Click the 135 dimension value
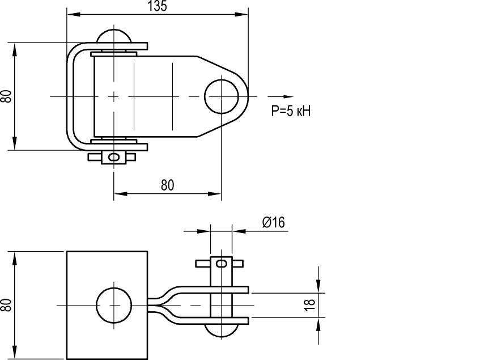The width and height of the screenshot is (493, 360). [x=158, y=6]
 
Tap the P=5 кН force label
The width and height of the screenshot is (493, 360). [x=291, y=111]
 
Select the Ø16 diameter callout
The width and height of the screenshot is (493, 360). [x=274, y=222]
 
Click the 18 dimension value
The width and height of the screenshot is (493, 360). [x=310, y=304]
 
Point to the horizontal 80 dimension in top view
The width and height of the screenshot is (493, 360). [x=167, y=185]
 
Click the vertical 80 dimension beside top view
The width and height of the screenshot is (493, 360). [x=6, y=96]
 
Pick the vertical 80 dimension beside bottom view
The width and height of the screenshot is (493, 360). [x=6, y=305]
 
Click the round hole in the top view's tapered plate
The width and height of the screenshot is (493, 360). [x=222, y=96]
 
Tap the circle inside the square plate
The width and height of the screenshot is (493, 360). [x=113, y=305]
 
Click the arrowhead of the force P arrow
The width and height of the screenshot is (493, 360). [x=288, y=96]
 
